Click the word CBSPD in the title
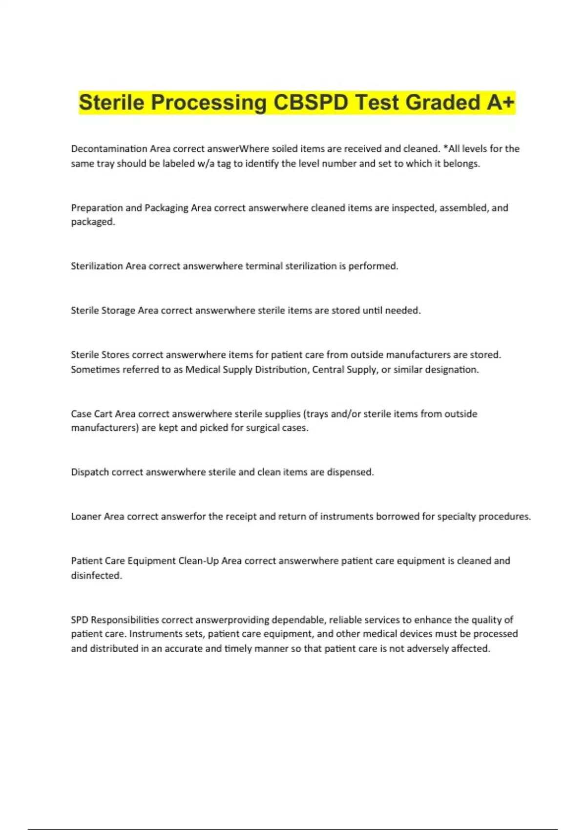click(x=311, y=103)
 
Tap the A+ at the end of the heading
click(x=501, y=103)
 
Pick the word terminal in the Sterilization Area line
click(x=264, y=266)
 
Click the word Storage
click(x=118, y=311)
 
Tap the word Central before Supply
click(x=328, y=370)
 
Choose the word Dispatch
click(x=90, y=472)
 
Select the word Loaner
click(x=86, y=517)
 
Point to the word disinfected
click(x=96, y=576)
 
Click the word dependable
click(x=298, y=620)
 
